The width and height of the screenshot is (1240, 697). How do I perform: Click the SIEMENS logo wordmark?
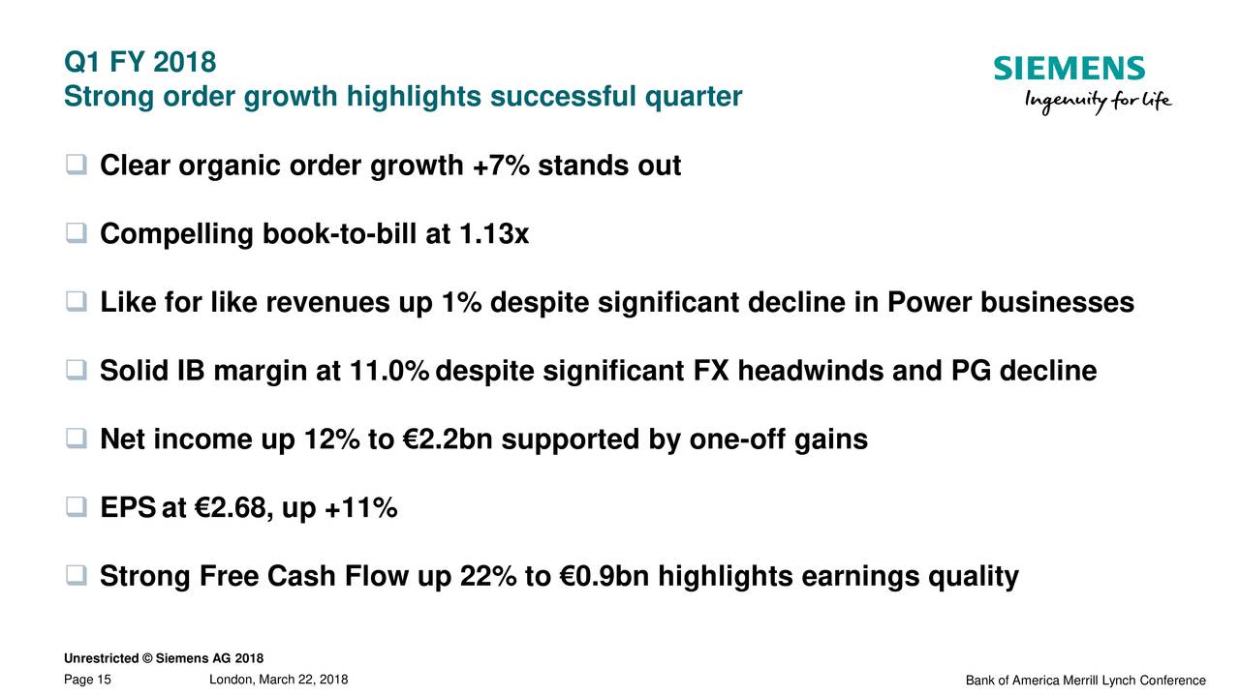[1069, 68]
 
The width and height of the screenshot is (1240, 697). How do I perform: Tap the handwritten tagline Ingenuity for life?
[1099, 102]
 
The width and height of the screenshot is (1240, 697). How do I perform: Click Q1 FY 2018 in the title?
[140, 61]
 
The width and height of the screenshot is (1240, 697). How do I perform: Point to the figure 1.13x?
[494, 233]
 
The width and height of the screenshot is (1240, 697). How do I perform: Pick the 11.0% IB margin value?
[389, 371]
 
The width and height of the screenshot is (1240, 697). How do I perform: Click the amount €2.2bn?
[448, 439]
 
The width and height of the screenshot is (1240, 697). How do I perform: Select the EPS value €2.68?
[230, 507]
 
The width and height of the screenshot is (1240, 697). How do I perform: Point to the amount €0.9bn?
[604, 576]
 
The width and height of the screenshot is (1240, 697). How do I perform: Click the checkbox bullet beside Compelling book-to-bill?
[77, 233]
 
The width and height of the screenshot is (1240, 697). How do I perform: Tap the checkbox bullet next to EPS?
[77, 506]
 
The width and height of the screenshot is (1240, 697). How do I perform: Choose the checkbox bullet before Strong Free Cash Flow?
[77, 575]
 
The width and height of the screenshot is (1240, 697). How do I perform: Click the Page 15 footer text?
[87, 680]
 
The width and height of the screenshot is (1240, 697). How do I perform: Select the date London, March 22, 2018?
[278, 680]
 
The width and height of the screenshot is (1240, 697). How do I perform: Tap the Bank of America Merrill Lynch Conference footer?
[1086, 681]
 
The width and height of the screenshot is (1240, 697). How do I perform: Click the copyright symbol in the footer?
[147, 658]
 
